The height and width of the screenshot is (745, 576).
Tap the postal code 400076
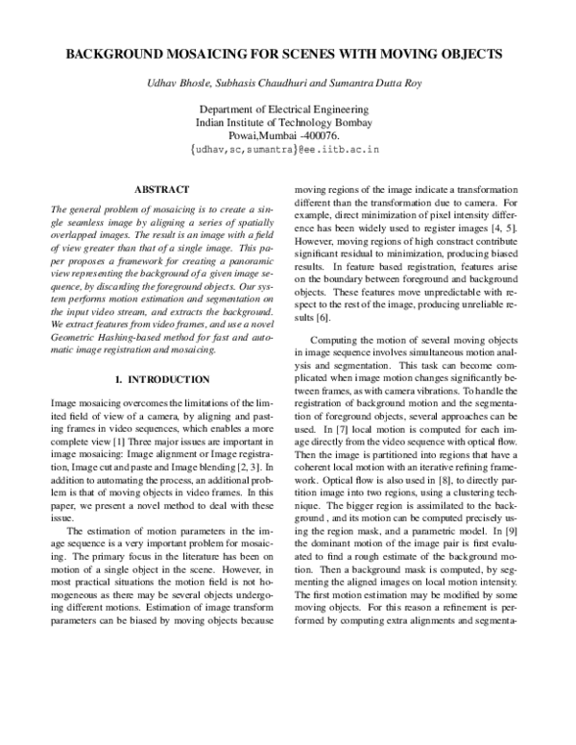point(331,137)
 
